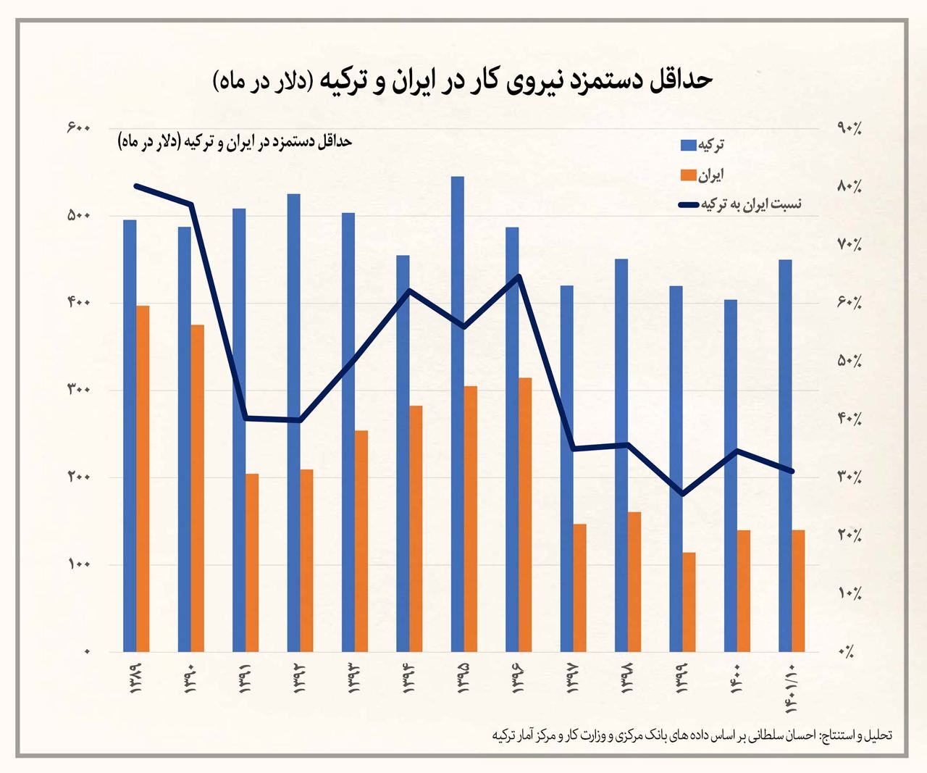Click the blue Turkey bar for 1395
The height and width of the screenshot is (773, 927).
pyautogui.click(x=457, y=414)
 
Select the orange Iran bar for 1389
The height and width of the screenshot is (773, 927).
pyautogui.click(x=143, y=478)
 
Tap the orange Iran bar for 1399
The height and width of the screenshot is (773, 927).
pyautogui.click(x=689, y=602)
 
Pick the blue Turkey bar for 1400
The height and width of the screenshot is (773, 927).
pyautogui.click(x=731, y=475)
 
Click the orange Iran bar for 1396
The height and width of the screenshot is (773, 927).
pyautogui.click(x=525, y=514)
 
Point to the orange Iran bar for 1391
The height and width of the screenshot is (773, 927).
pyautogui.click(x=252, y=563)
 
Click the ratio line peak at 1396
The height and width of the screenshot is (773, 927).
pyautogui.click(x=519, y=276)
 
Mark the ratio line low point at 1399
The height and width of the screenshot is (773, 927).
pyautogui.click(x=682, y=494)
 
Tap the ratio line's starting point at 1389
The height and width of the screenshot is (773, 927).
pyautogui.click(x=137, y=185)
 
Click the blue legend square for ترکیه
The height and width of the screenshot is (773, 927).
pyautogui.click(x=688, y=145)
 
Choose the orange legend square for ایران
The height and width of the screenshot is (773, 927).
pyautogui.click(x=688, y=175)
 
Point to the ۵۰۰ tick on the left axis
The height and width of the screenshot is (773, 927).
pyautogui.click(x=77, y=216)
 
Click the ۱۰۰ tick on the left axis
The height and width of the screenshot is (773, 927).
pyautogui.click(x=77, y=564)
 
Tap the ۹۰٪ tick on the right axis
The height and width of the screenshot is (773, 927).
pyautogui.click(x=849, y=128)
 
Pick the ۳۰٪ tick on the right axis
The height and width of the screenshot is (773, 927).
pyautogui.click(x=849, y=477)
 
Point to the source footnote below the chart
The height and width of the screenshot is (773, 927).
pyautogui.click(x=692, y=735)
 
